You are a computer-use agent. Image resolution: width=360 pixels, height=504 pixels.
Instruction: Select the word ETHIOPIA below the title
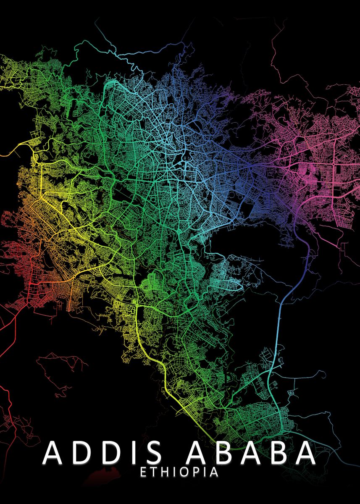click(x=179, y=472)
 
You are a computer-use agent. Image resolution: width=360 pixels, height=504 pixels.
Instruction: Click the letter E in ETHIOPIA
click(x=143, y=472)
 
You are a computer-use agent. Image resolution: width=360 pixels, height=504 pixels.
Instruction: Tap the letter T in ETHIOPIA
click(x=153, y=472)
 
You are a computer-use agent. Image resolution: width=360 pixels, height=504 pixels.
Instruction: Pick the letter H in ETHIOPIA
click(x=164, y=472)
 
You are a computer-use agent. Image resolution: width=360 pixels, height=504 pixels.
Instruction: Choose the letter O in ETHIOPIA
click(x=186, y=472)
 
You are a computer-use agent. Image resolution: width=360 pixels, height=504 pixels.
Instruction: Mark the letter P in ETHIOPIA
click(x=198, y=472)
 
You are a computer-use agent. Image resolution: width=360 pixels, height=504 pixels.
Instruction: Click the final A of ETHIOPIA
click(x=214, y=472)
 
